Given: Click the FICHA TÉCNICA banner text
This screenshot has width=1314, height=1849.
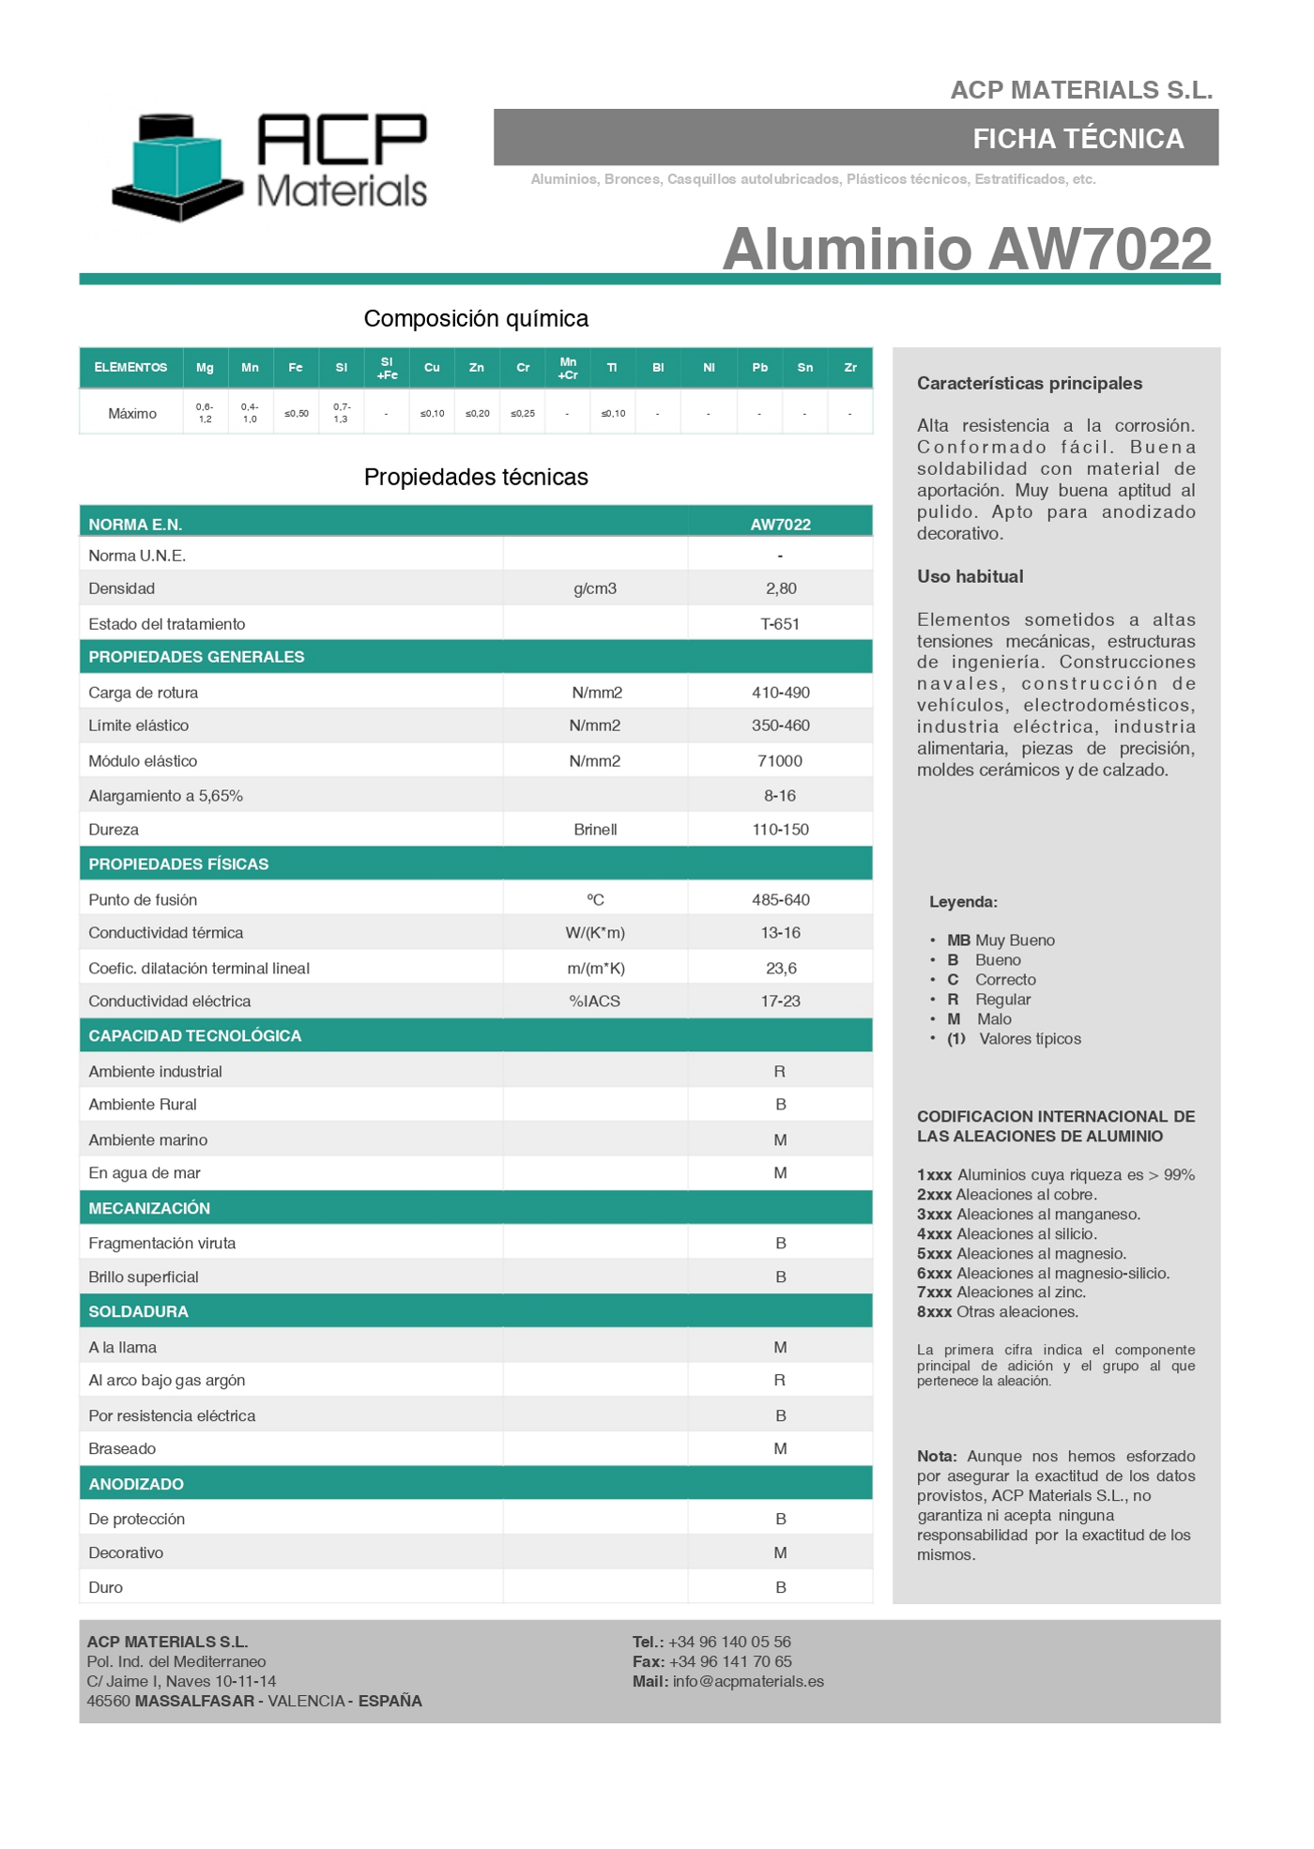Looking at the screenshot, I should point(1077,139).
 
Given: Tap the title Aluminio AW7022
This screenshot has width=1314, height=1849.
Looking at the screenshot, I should point(967,249).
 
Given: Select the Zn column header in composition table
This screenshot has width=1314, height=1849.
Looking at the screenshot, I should point(477,368).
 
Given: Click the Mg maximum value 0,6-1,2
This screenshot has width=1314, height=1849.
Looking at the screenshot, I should point(205,413).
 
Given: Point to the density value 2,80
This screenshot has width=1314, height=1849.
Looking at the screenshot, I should point(780,589).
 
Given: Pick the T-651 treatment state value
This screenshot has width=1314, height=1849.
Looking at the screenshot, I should point(780,624).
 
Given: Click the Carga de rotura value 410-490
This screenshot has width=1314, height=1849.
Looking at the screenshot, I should point(780,693).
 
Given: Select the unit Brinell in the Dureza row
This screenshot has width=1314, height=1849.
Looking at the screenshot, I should point(595,830).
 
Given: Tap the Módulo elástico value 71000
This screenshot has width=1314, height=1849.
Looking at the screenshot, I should point(780,761).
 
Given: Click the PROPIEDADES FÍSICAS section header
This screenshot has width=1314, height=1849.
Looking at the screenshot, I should point(178,864).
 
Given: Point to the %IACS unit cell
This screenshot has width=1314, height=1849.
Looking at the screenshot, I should point(595,1001).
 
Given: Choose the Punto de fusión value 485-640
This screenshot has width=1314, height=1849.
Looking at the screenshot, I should point(780,900).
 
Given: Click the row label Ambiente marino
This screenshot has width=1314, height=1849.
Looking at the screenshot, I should point(148,1140).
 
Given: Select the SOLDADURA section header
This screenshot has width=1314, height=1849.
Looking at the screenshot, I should point(138,1312).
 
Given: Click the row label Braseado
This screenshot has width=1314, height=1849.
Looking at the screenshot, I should point(122,1449).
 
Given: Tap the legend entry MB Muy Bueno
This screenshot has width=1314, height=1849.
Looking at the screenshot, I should point(1001,940).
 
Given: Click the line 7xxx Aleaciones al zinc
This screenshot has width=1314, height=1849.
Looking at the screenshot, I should point(1001,1292).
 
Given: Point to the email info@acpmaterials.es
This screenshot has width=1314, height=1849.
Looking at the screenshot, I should point(748,1682).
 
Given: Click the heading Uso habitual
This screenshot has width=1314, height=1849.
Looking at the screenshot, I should point(970,577).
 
